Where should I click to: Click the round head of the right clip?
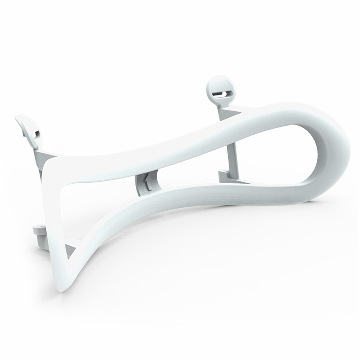point(219,86)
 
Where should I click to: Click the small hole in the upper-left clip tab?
point(37,133)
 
